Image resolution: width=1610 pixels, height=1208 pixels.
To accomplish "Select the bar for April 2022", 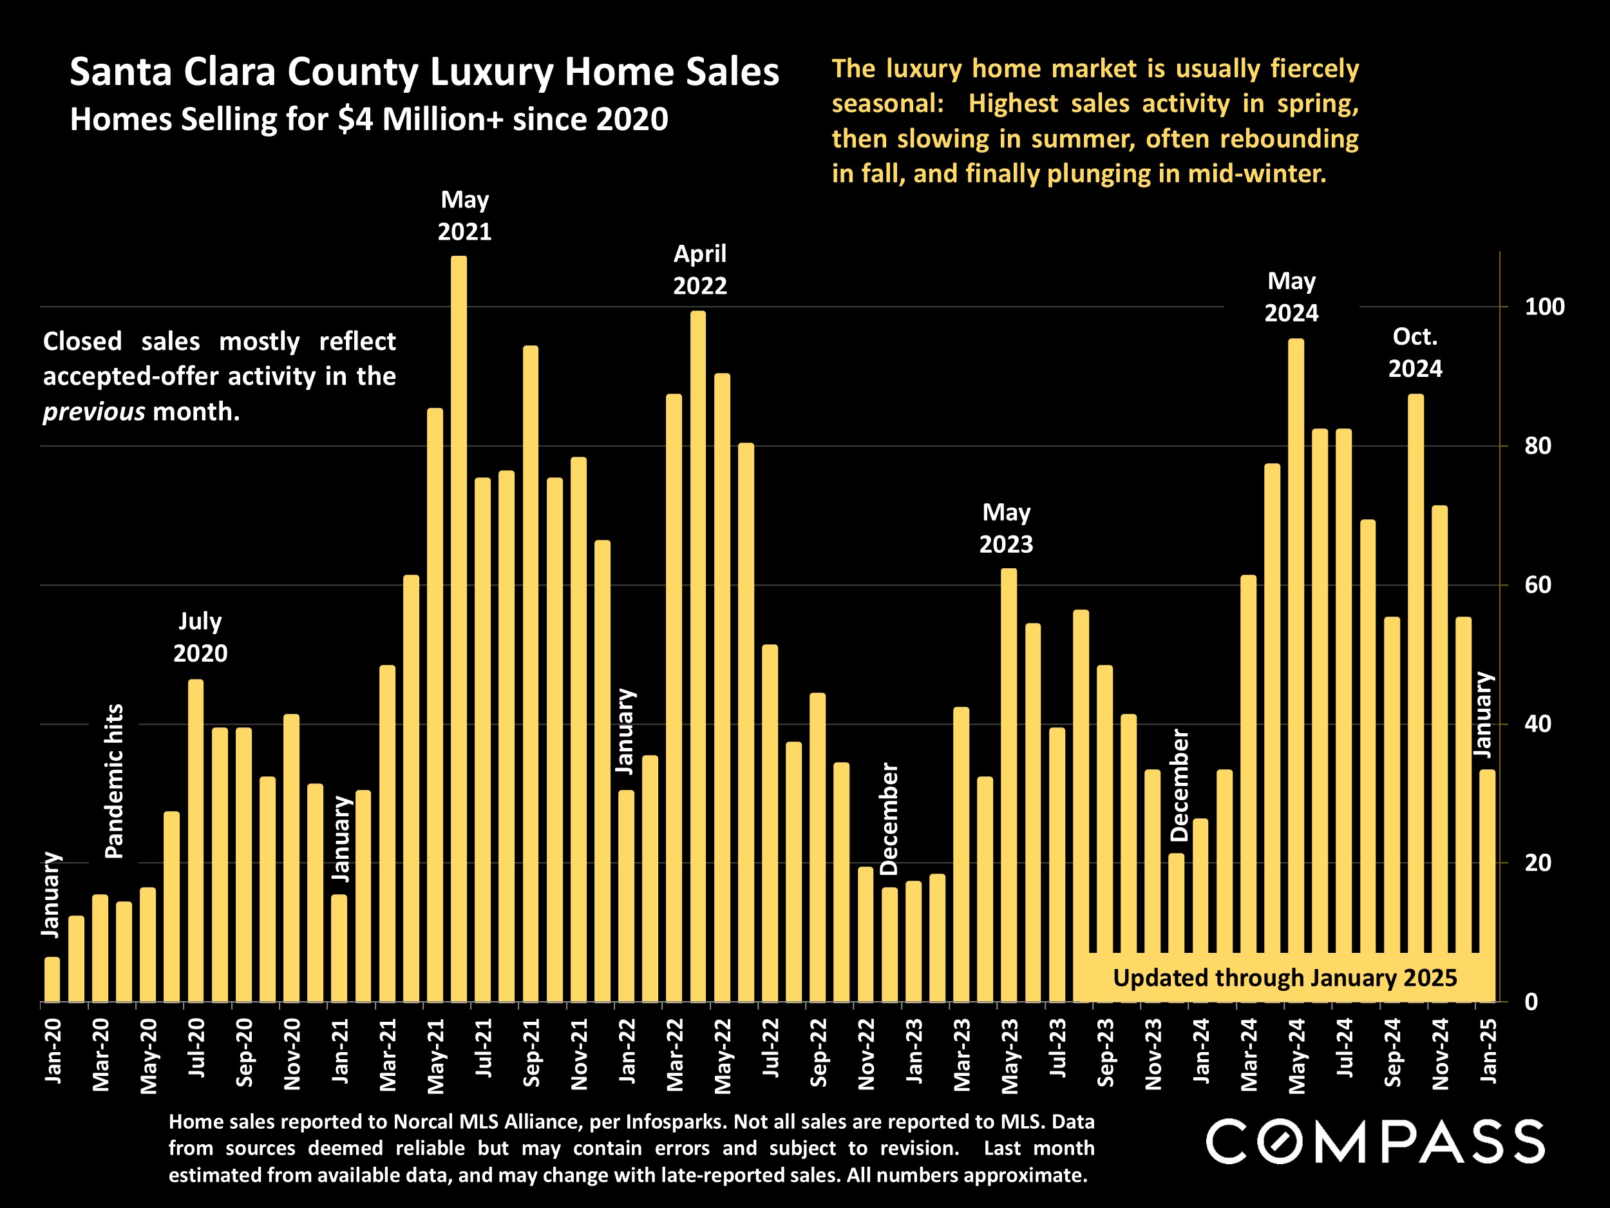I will (698, 655).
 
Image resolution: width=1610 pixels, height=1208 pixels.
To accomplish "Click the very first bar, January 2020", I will (52, 979).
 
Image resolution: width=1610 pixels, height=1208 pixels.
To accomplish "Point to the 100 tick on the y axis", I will (1544, 307).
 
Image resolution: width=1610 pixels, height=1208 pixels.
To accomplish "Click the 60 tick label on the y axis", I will (1537, 585).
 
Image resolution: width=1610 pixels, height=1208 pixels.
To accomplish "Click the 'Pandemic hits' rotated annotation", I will (114, 781).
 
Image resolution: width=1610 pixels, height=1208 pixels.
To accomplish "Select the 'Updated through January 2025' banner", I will (1285, 978).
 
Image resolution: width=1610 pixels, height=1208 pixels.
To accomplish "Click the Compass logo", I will (1375, 1142).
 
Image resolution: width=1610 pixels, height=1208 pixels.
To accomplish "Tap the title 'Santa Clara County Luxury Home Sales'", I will (424, 72).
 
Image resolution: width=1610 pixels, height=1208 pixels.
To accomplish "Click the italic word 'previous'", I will (94, 412).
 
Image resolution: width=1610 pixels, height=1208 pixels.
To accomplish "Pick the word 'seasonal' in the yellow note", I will (885, 103).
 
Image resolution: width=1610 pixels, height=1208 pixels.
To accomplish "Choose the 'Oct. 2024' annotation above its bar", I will (1415, 352).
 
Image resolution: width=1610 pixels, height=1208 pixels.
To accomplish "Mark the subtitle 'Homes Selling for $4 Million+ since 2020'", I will (369, 119).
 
